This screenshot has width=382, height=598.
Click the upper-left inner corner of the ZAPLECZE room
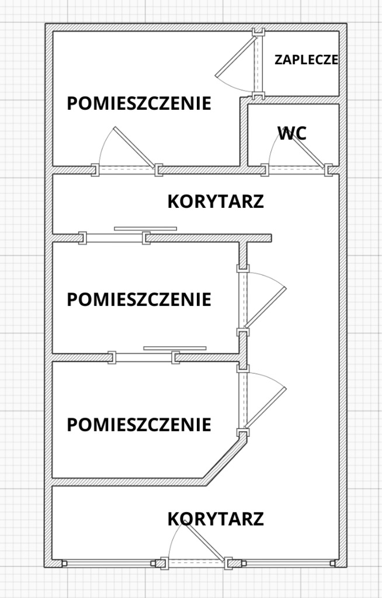coord(264,32)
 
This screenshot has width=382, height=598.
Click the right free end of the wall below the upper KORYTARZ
coord(271,238)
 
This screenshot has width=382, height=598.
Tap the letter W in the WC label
coord(284,134)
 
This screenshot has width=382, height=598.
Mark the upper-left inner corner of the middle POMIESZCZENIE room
coord(53,242)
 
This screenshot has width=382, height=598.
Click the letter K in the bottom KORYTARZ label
coord(172,519)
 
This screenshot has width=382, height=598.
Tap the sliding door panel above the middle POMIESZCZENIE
coord(145,229)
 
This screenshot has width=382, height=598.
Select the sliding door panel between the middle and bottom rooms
coord(175,348)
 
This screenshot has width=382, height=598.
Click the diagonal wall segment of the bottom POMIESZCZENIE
coord(224,460)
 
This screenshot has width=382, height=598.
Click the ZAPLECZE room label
coord(307,60)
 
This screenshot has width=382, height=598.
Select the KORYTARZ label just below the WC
coord(216,201)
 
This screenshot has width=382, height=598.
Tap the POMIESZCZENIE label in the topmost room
coord(139,103)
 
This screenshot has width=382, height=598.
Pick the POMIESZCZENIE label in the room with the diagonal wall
coord(139,425)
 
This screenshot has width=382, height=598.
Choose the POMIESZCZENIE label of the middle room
coord(139,300)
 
